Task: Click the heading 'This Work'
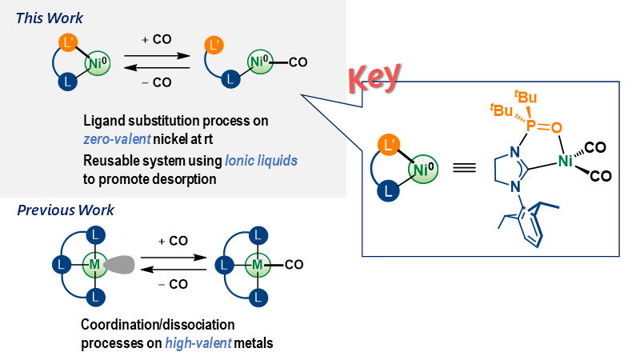tap(49, 18)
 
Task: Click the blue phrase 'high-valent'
tap(198, 343)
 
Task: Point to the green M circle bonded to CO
tap(258, 263)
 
